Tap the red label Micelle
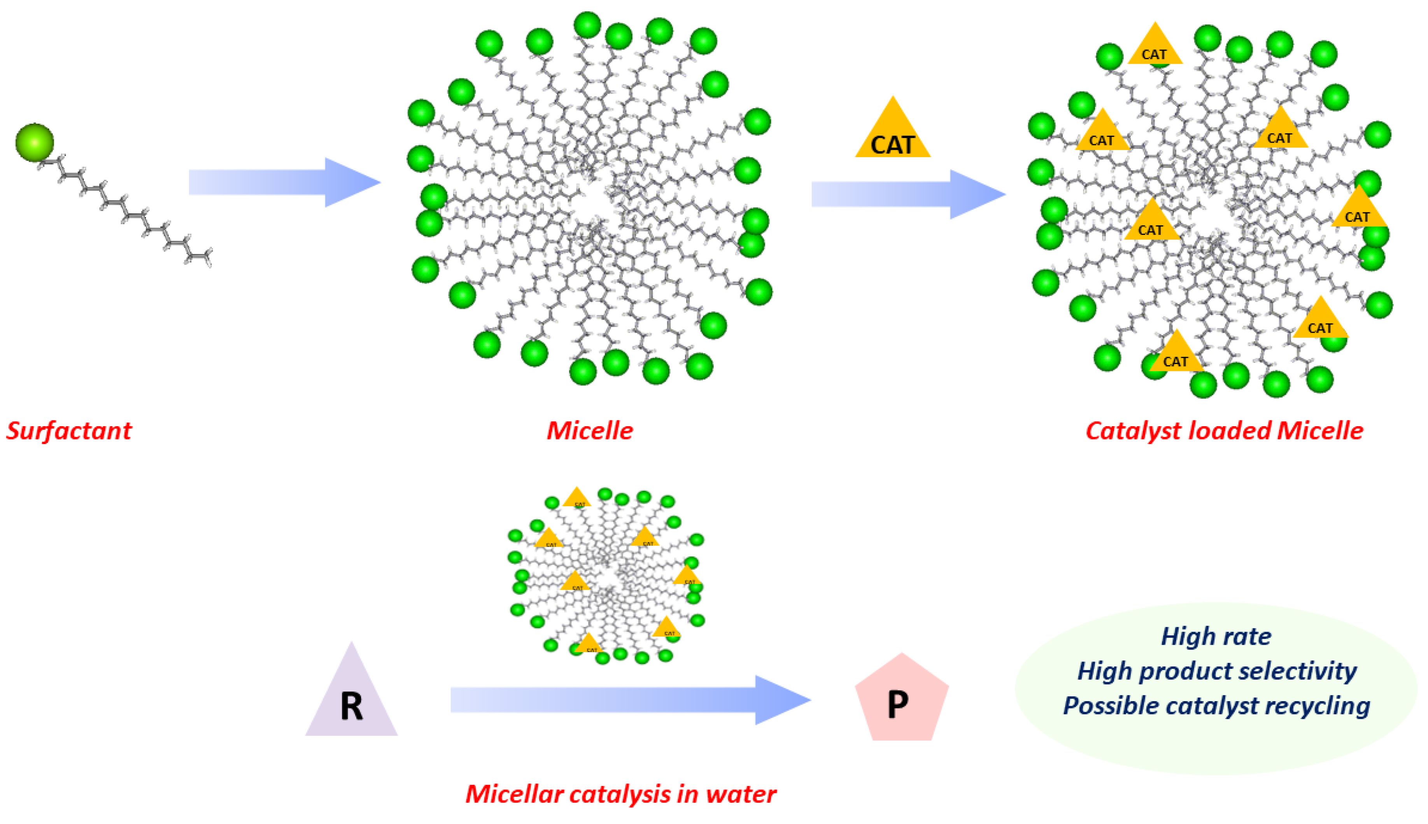click(589, 431)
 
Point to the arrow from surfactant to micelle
click(283, 182)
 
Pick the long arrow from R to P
click(628, 700)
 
